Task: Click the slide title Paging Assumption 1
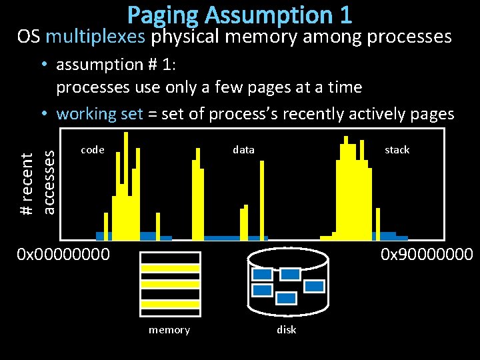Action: tap(239, 14)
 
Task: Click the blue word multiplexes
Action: tap(95, 36)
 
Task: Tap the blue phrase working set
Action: tap(99, 113)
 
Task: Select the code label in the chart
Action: tap(92, 150)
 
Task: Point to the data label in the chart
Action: tap(243, 150)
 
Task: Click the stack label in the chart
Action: tap(397, 150)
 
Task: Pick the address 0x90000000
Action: tap(427, 254)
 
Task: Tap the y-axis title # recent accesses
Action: tap(37, 182)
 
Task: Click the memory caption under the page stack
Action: tap(169, 330)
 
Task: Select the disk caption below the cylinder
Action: tap(287, 330)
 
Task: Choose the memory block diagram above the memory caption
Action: tap(170, 283)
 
